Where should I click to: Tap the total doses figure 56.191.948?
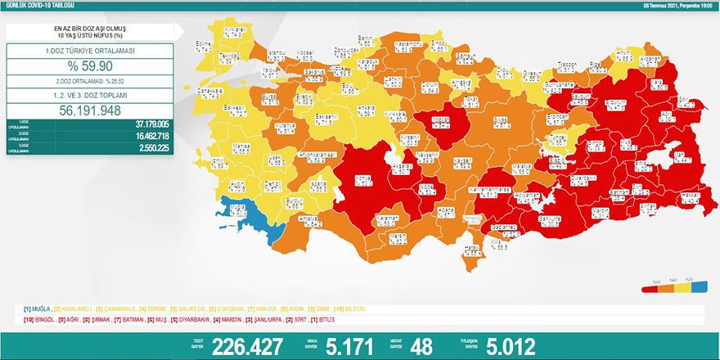tap(89, 110)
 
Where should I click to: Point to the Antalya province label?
tap(311, 221)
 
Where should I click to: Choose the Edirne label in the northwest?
tap(205, 47)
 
